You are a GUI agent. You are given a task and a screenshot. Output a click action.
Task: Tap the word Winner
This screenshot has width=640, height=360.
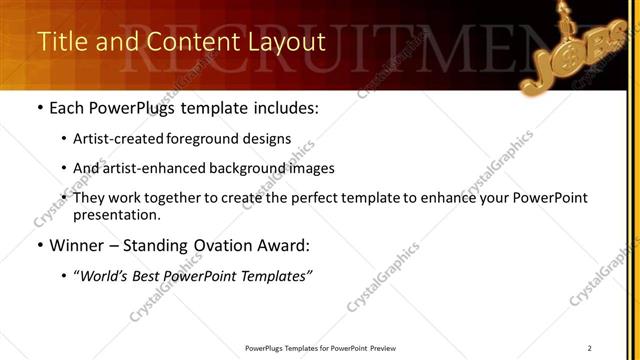(77, 244)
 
